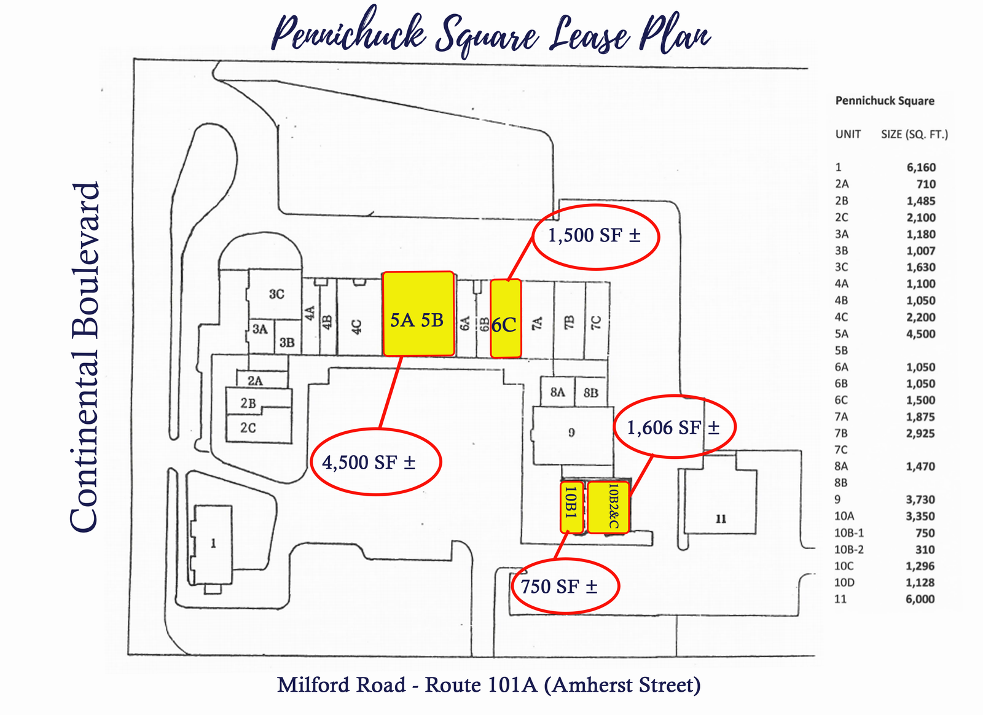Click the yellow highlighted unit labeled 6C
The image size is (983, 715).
(x=506, y=318)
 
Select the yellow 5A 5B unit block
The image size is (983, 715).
(x=418, y=314)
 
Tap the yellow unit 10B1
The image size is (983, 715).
(x=572, y=507)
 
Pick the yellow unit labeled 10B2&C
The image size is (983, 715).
(x=608, y=507)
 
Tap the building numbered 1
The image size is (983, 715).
(x=213, y=544)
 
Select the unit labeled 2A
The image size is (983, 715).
(x=262, y=380)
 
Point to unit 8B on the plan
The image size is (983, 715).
(x=590, y=392)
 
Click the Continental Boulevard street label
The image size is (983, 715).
(x=85, y=357)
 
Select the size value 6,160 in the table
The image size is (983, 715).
(x=921, y=167)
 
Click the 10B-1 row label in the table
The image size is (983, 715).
(x=848, y=533)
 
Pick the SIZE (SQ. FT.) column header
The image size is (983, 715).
(x=915, y=135)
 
